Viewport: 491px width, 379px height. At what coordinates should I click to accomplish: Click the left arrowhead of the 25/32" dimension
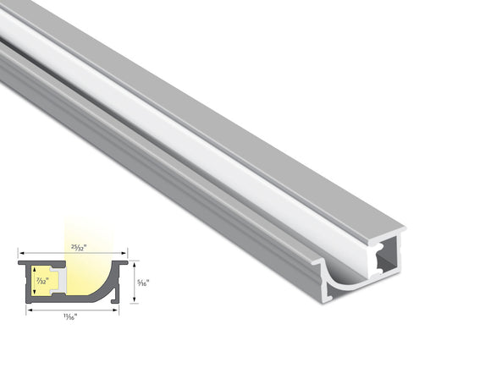click(20, 252)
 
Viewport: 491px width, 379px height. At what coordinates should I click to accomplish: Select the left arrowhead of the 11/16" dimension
click(30, 310)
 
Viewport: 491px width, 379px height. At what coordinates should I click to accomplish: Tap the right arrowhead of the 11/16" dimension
click(116, 310)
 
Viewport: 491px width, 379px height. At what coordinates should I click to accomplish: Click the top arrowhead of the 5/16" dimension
click(133, 262)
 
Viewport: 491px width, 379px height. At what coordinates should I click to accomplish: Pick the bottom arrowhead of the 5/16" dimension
click(133, 301)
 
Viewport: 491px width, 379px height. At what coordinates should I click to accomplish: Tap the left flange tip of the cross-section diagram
click(20, 263)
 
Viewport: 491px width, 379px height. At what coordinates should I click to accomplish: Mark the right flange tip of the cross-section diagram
click(124, 263)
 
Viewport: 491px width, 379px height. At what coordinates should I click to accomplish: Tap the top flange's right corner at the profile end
click(403, 229)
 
